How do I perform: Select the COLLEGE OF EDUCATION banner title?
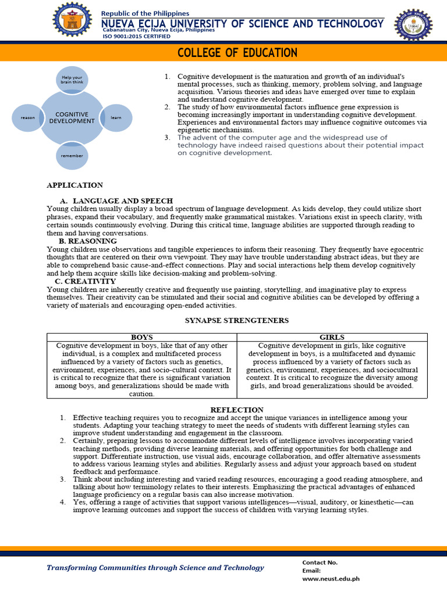(x=237, y=53)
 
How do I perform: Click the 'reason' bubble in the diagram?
(x=28, y=118)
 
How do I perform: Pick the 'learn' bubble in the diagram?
(x=116, y=118)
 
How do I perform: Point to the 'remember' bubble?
(x=72, y=156)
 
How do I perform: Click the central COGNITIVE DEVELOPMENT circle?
(x=72, y=118)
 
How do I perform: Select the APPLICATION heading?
(x=74, y=185)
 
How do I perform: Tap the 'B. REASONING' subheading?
(x=88, y=241)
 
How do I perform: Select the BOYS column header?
(x=142, y=337)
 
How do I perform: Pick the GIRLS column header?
(x=332, y=337)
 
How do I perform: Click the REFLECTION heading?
(x=237, y=410)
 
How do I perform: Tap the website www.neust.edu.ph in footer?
(x=331, y=579)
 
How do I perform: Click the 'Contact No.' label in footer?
(x=320, y=562)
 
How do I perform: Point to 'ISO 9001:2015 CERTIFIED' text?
(x=137, y=36)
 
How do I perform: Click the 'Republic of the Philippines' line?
(x=146, y=13)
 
